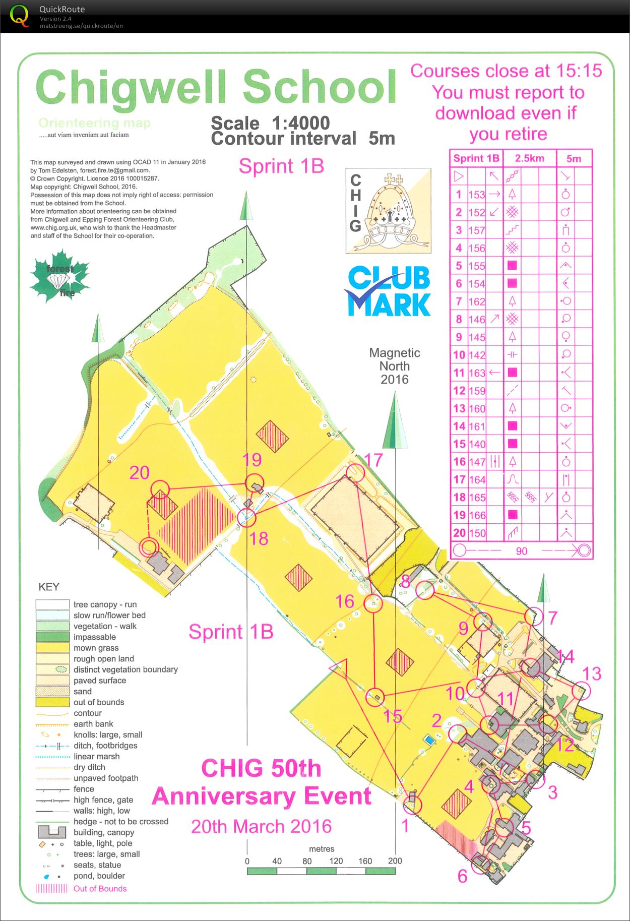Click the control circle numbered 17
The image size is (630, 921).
tap(355, 471)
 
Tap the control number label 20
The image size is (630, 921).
tap(140, 472)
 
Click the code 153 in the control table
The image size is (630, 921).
tap(476, 195)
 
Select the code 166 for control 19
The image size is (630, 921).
tap(476, 515)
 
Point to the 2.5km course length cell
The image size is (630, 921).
tap(529, 158)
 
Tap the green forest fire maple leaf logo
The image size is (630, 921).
tap(60, 277)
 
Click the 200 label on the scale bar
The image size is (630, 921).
tap(395, 861)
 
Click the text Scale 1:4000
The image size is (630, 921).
tap(270, 123)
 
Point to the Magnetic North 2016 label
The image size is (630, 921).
tap(395, 366)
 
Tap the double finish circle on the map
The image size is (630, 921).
tap(148, 546)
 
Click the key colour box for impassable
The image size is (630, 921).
tap(52, 637)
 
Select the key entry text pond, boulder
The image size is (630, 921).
tap(99, 876)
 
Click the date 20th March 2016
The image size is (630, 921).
tap(261, 826)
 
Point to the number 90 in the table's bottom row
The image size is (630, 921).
tap(521, 551)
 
